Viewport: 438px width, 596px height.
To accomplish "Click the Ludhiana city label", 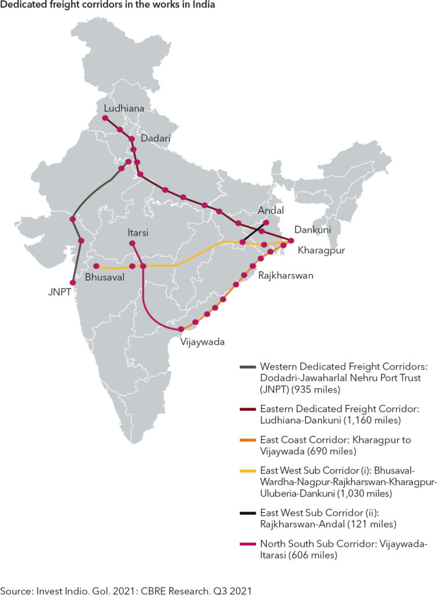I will tap(123, 108).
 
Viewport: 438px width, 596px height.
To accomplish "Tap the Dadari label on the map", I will tap(156, 139).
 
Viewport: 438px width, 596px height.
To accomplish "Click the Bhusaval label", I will tap(105, 278).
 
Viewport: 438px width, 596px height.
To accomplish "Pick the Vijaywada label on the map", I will tap(203, 342).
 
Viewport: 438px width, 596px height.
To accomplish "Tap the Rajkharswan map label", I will tap(285, 276).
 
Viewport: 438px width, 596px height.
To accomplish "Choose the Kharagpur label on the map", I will tap(322, 251).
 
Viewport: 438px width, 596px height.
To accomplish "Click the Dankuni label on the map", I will tap(312, 230).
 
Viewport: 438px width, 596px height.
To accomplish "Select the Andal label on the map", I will tap(271, 211).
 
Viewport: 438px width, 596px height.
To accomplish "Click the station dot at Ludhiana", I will tap(105, 118).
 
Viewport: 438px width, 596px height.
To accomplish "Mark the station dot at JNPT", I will tap(72, 282).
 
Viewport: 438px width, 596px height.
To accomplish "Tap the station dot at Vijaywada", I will tap(182, 329).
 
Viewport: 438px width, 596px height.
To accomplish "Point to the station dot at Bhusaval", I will tap(96, 267).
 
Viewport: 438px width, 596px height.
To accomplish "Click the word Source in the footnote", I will tap(16, 591).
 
